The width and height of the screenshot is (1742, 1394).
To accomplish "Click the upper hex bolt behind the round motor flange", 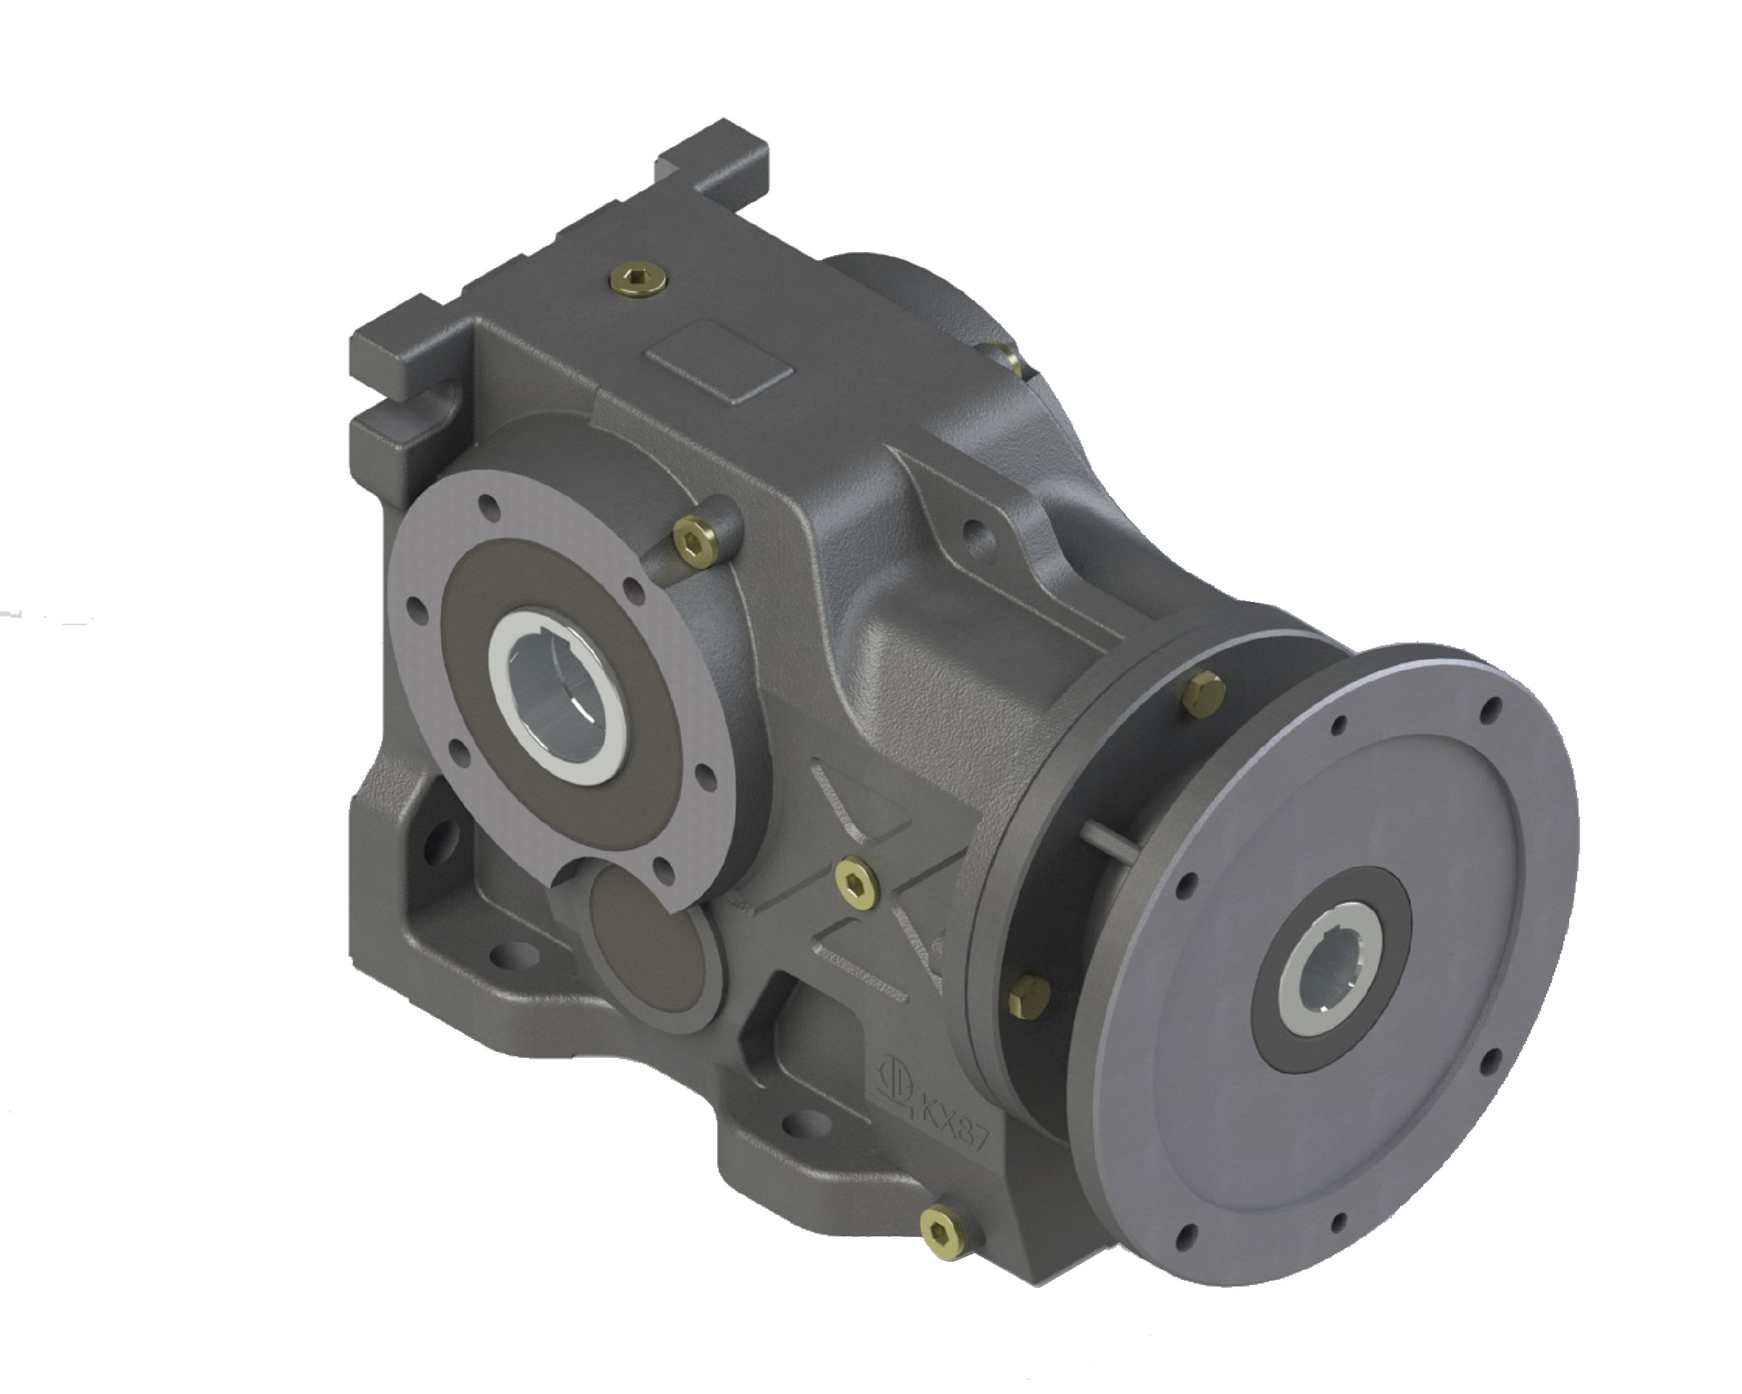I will (1204, 692).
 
